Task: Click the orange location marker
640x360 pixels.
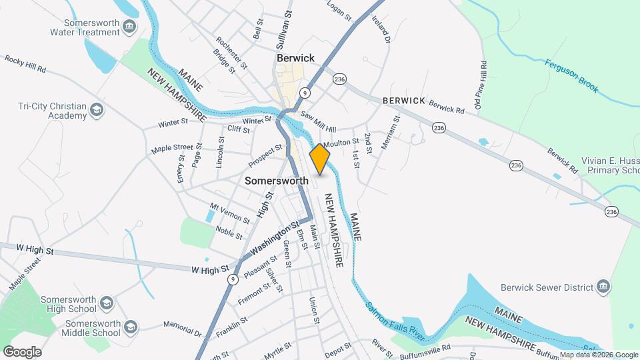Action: (x=320, y=159)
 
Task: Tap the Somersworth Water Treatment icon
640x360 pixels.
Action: (x=130, y=27)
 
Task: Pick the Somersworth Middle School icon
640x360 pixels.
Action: (x=131, y=327)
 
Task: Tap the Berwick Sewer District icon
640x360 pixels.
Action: (x=603, y=287)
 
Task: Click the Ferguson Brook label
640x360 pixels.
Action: (x=571, y=77)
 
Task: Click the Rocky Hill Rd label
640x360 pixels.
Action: (x=25, y=64)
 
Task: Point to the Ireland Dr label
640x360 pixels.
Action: (x=381, y=28)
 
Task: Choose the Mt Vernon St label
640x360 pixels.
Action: (x=229, y=213)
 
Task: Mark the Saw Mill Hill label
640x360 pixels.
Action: (x=318, y=122)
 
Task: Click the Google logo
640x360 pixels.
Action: (x=22, y=351)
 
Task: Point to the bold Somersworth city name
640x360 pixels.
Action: (x=277, y=181)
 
